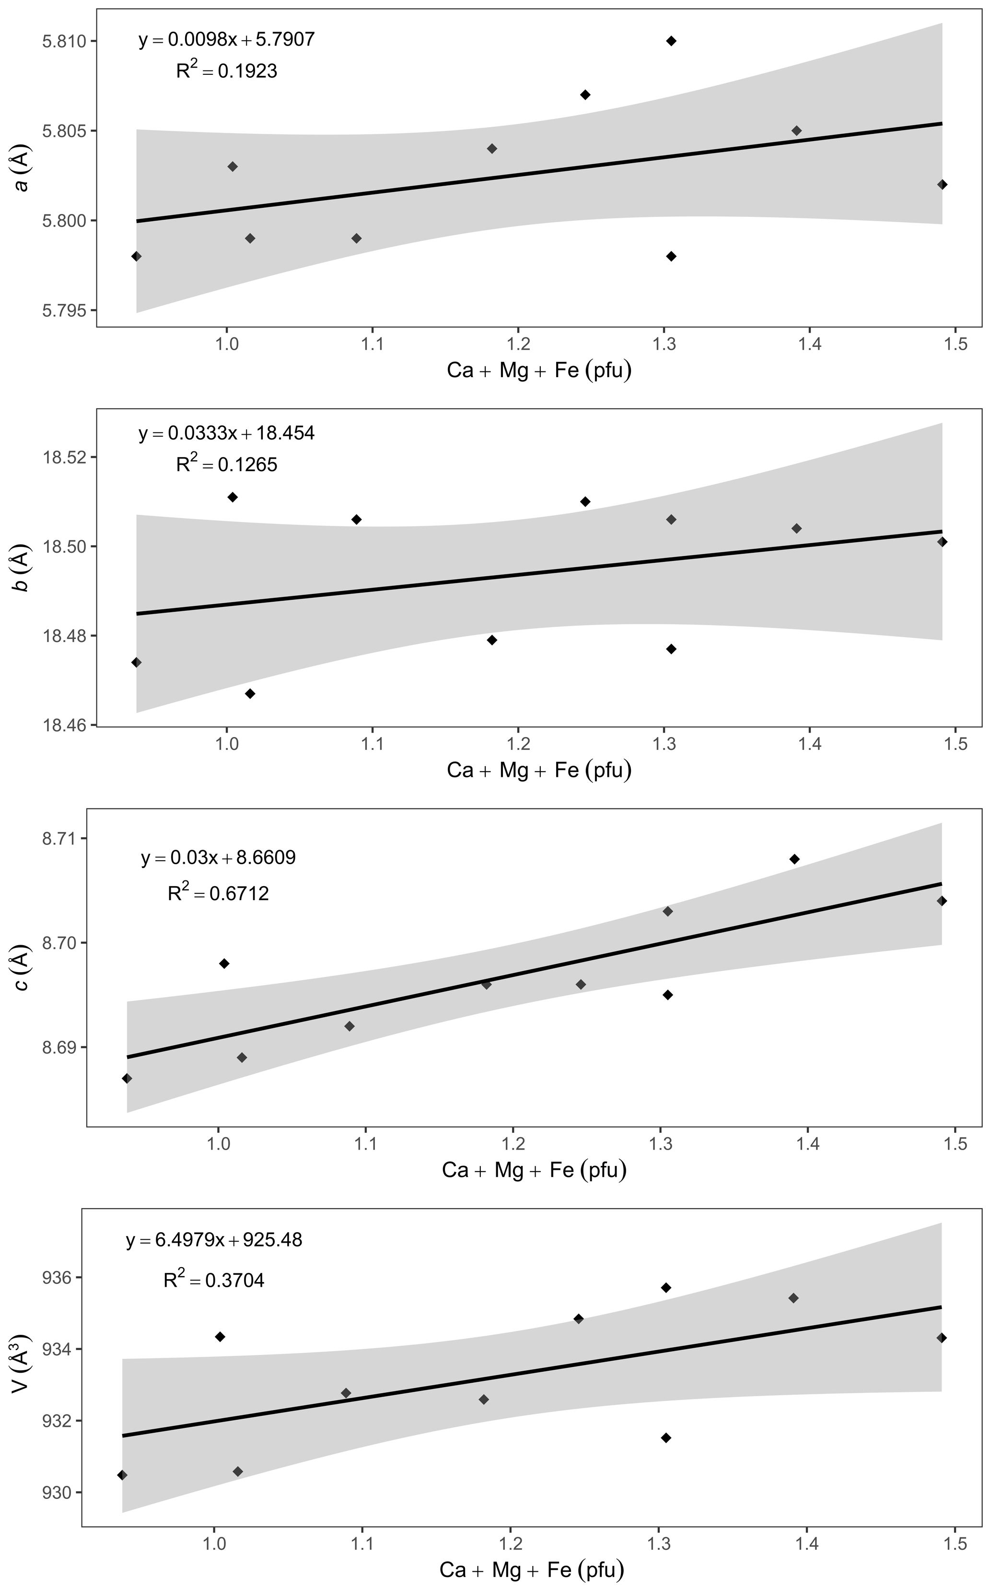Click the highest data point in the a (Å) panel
tap(671, 41)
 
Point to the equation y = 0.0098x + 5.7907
tap(226, 39)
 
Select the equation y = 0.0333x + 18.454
tap(226, 433)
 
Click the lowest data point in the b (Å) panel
tap(250, 694)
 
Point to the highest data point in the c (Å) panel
tap(794, 859)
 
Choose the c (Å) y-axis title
tap(22, 967)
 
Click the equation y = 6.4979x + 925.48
tap(214, 1240)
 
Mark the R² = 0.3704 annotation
tap(214, 1280)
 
